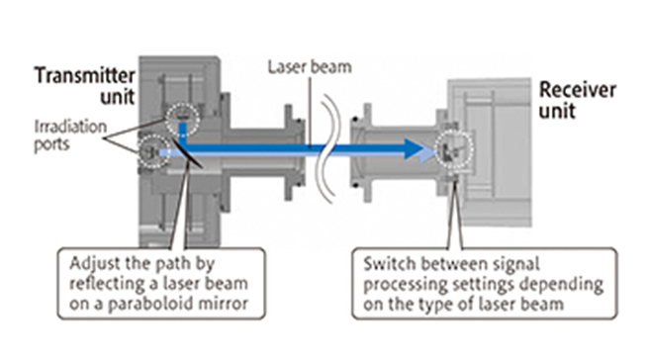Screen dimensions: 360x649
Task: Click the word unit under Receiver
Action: coord(555,113)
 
